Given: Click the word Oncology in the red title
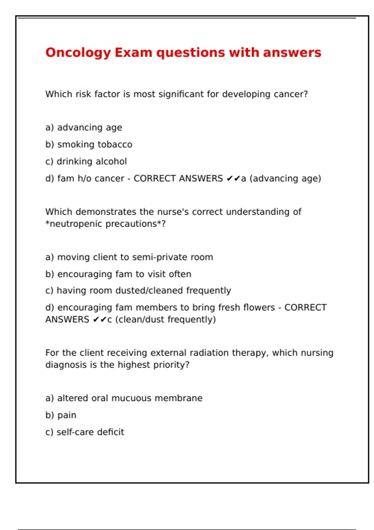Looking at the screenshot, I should pos(78,53).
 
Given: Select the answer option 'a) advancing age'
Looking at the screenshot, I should pos(84,128).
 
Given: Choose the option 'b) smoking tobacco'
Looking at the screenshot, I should pos(89,144).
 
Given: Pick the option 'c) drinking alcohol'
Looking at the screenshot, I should pos(86,161).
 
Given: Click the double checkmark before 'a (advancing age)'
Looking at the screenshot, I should pos(233,178).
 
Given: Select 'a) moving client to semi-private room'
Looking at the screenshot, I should pos(129,257).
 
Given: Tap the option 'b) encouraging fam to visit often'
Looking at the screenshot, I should pos(118,274).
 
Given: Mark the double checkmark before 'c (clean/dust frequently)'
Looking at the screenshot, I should pos(100,320).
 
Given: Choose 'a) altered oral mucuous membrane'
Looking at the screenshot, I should pos(124,398).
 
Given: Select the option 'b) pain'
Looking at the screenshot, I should pos(61,415).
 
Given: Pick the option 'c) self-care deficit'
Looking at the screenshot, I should pos(85,432).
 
